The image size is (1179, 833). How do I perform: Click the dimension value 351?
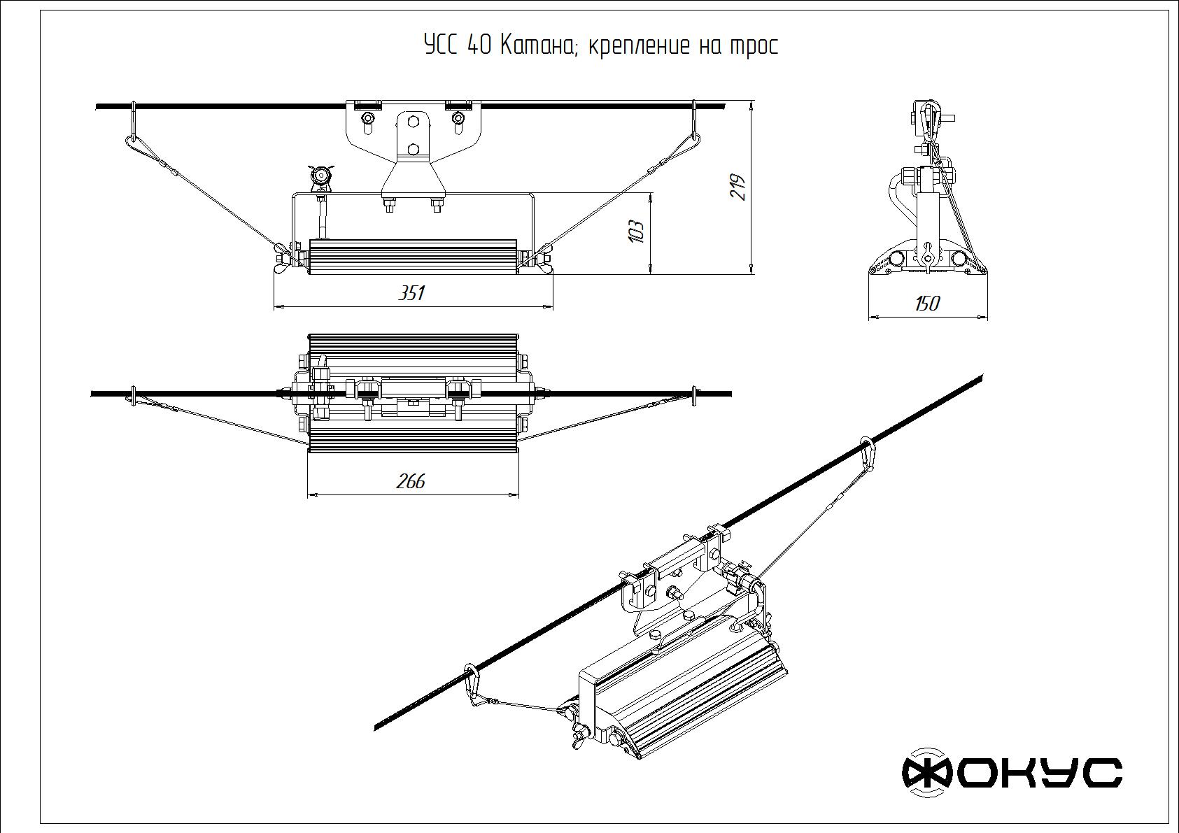coord(411,292)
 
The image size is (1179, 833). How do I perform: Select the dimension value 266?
coord(410,481)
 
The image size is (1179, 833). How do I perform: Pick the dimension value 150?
coord(927,304)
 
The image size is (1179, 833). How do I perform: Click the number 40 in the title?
coord(479,46)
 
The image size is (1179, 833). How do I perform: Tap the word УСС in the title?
coord(441,46)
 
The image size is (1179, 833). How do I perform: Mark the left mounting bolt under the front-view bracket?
coord(389,205)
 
